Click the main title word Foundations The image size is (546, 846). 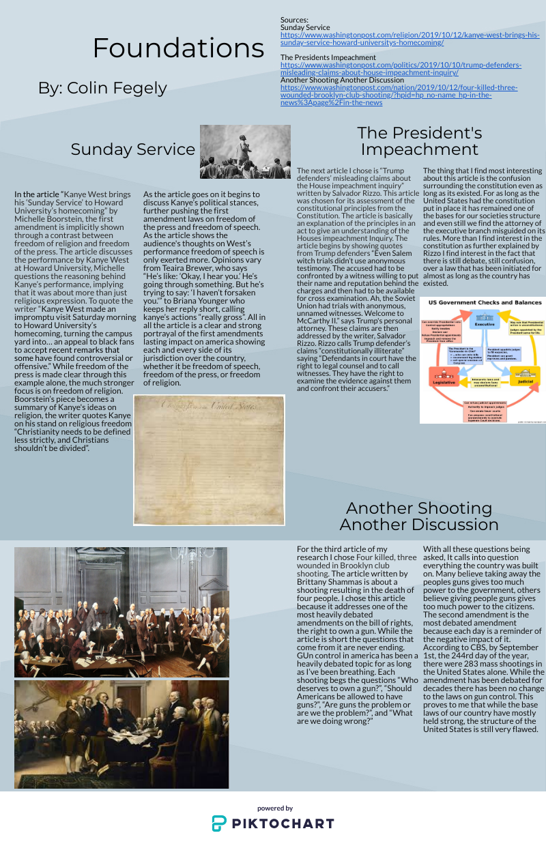pos(178,48)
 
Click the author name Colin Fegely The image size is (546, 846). pos(102,88)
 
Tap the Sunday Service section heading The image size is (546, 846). pos(132,149)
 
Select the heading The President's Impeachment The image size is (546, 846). pos(419,141)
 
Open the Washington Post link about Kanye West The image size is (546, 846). pos(409,38)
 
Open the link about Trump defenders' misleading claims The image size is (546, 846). pos(401,68)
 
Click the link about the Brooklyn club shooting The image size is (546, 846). pos(399,95)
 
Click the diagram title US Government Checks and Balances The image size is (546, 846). pos(485,302)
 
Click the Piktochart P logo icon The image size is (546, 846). pos(219,823)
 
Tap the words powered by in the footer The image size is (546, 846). pos(275,808)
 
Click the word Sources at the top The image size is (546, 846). pos(295,20)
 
